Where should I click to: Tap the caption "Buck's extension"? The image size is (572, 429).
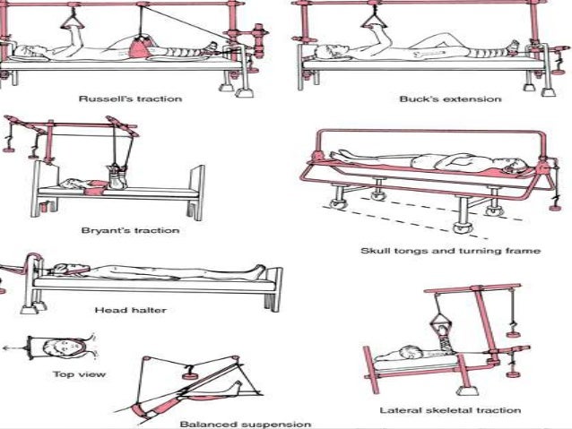438,99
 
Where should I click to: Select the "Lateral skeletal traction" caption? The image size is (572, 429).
450,410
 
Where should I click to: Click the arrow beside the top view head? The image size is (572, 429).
9,346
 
